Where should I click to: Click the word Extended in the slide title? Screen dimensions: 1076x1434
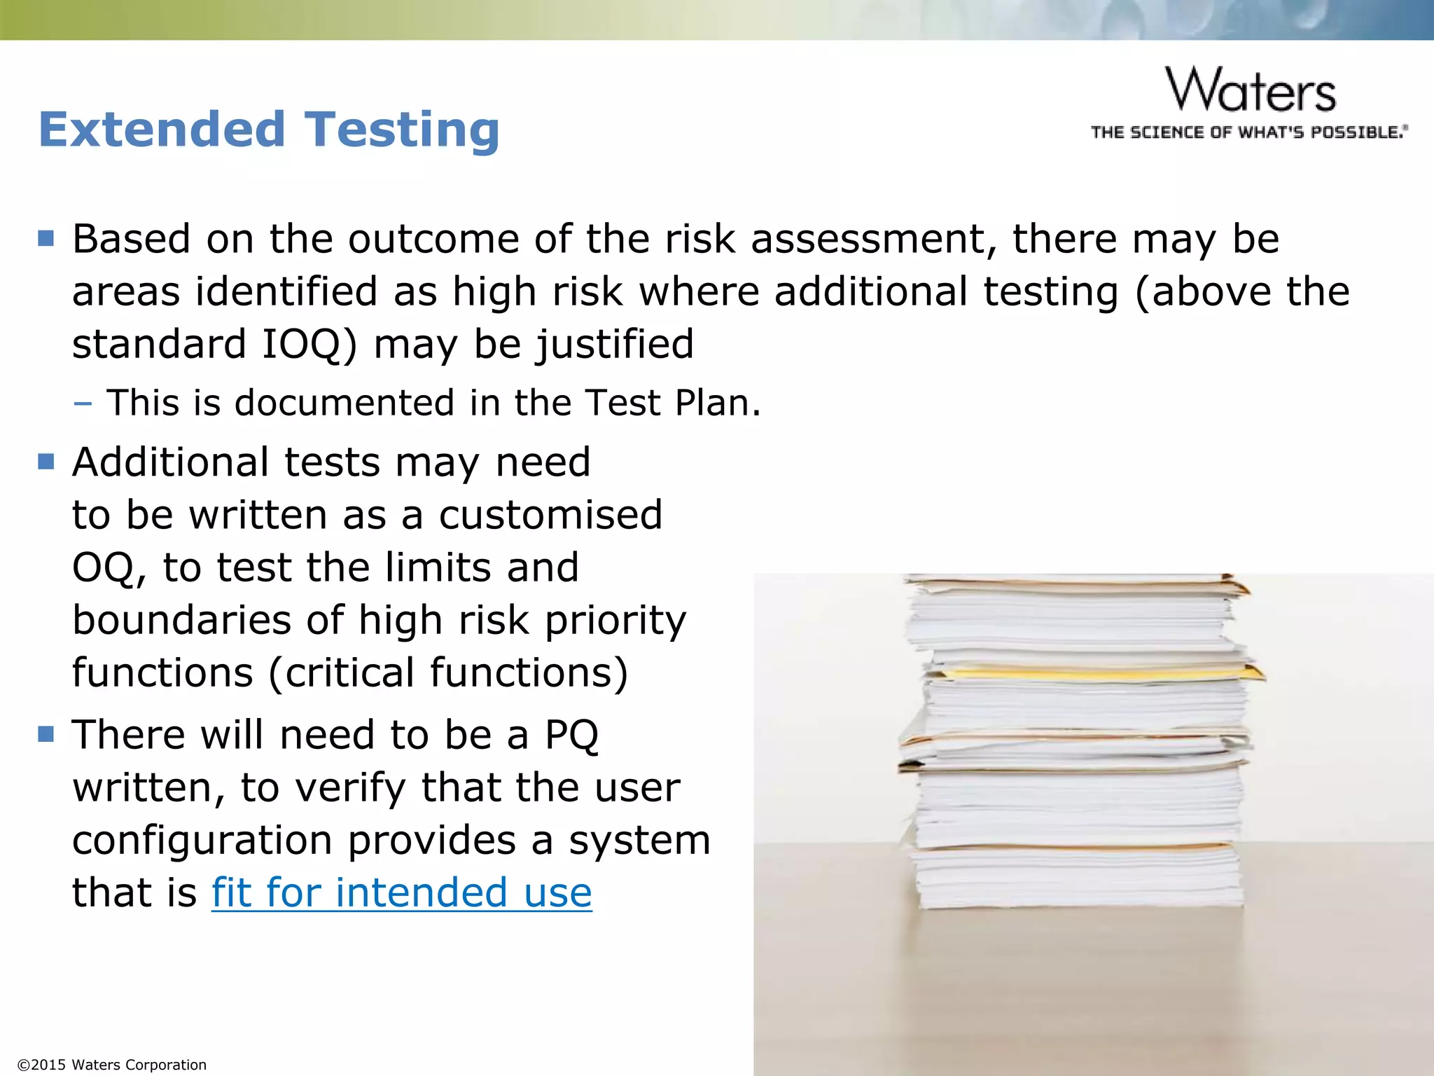pyautogui.click(x=162, y=130)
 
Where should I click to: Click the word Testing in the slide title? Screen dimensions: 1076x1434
pyautogui.click(x=402, y=130)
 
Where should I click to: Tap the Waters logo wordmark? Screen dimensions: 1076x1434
pyautogui.click(x=1251, y=90)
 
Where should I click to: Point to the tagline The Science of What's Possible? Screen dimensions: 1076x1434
pyautogui.click(x=1249, y=132)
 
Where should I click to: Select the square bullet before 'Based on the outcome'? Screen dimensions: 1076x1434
pyautogui.click(x=46, y=239)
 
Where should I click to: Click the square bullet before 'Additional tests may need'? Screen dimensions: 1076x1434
pyautogui.click(x=46, y=462)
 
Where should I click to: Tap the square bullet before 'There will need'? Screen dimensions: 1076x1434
pyautogui.click(x=46, y=734)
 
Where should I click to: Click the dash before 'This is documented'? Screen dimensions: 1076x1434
pyautogui.click(x=83, y=403)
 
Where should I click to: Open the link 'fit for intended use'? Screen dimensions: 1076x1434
pyautogui.click(x=401, y=892)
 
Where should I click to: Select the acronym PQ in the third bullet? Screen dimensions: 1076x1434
pyautogui.click(x=571, y=735)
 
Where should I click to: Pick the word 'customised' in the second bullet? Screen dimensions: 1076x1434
pyautogui.click(x=550, y=515)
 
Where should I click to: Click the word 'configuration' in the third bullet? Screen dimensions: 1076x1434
pyautogui.click(x=202, y=840)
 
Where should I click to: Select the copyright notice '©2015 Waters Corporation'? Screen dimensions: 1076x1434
pyautogui.click(x=112, y=1065)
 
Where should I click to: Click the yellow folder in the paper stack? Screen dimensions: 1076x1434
pyautogui.click(x=1092, y=674)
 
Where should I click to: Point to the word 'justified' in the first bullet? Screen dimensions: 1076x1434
pyautogui.click(x=615, y=344)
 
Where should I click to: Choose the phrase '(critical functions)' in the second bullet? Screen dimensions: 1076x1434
pyautogui.click(x=447, y=672)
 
